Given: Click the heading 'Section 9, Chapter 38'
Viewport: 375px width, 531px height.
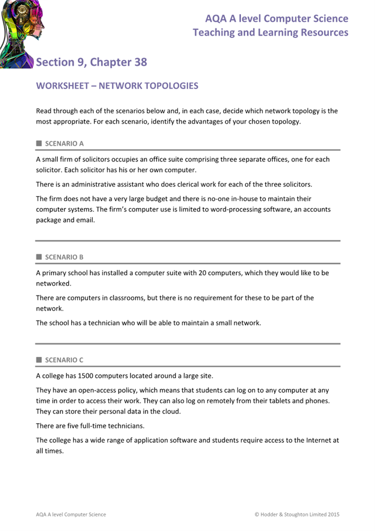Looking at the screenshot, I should [91, 62].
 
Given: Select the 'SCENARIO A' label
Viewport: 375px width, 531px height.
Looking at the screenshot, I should [64, 143].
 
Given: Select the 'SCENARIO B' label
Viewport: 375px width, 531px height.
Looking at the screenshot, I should [64, 257].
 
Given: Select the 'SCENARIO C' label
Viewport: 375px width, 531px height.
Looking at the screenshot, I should [64, 360].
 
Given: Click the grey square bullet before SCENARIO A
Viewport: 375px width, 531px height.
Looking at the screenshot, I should [39, 143].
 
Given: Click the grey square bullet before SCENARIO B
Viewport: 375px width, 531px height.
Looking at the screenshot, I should [39, 257].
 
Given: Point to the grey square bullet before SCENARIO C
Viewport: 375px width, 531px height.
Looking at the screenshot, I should [39, 360].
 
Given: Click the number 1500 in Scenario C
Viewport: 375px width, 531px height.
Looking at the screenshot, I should [87, 376].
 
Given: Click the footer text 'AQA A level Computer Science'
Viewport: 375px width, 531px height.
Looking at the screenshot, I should [71, 514].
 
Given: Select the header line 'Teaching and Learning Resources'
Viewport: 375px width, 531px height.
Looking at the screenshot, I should [271, 33].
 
